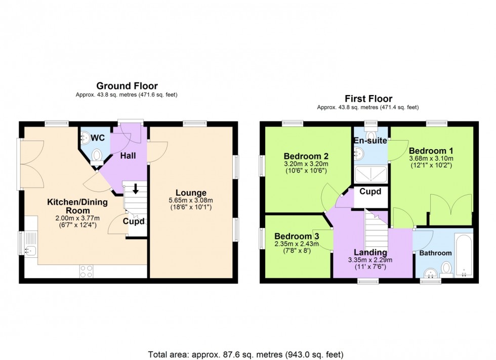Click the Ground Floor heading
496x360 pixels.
[127, 86]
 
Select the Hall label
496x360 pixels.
[128, 156]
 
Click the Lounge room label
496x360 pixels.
[190, 193]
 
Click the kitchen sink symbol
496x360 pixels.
[30, 249]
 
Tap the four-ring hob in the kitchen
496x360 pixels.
[86, 271]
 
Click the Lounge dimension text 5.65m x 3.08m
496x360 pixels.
[190, 200]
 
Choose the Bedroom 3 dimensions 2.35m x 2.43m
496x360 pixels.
[297, 244]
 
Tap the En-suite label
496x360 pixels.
[370, 141]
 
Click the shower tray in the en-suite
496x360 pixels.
[371, 175]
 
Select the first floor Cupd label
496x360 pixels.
[370, 192]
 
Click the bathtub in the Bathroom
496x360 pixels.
[463, 255]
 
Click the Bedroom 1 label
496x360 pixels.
[431, 151]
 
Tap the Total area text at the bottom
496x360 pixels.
[246, 354]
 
